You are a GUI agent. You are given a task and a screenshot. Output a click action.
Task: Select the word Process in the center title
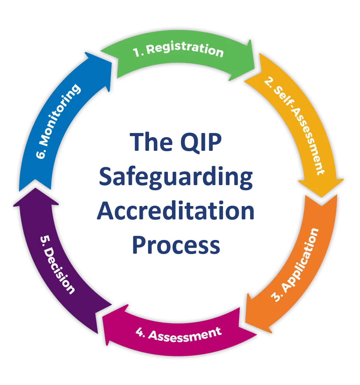[176, 245]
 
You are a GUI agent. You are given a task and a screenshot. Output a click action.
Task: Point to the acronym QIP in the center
[201, 142]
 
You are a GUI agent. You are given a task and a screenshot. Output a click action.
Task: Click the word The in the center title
[151, 142]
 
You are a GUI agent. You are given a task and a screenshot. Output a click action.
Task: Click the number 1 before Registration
[137, 52]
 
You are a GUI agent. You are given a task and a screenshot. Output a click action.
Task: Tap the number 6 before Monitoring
[41, 153]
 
